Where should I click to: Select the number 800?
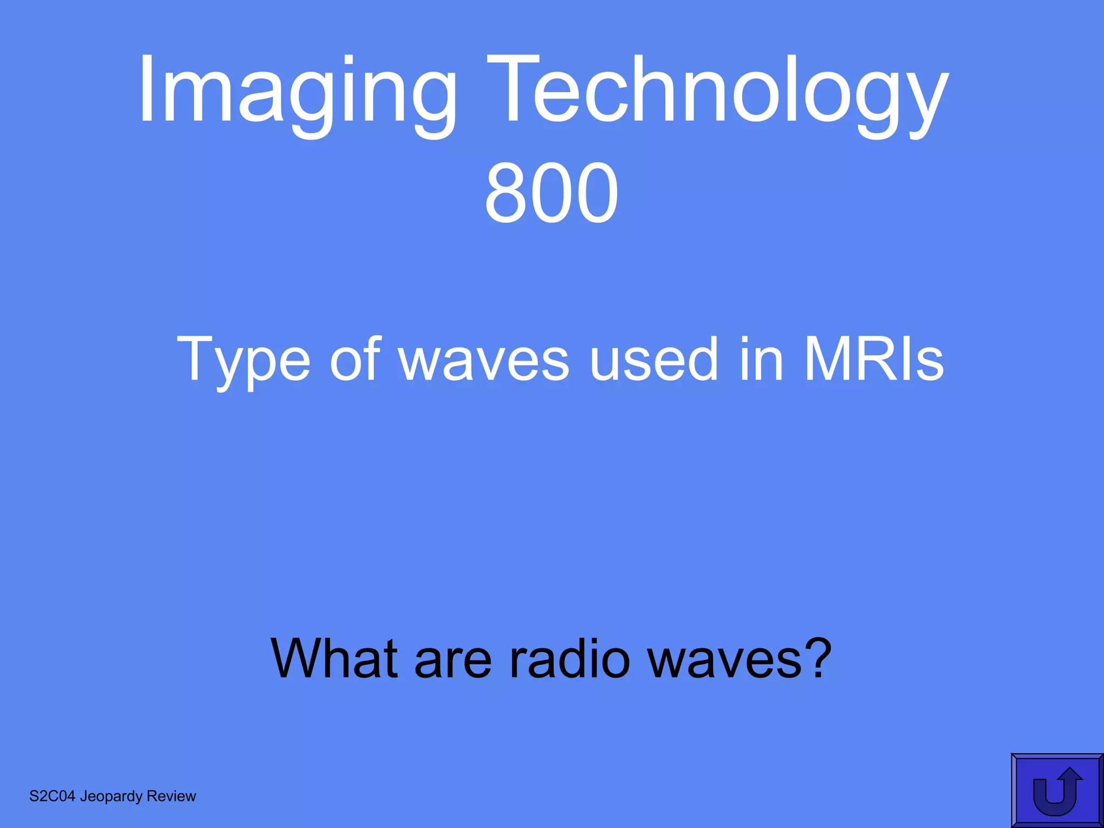tap(551, 193)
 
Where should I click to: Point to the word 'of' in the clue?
tap(356, 358)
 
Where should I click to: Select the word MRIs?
tap(873, 358)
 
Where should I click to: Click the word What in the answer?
tap(334, 659)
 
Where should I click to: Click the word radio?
tap(569, 659)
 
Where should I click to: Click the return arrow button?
tap(1057, 791)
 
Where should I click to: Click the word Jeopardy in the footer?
tap(111, 797)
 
